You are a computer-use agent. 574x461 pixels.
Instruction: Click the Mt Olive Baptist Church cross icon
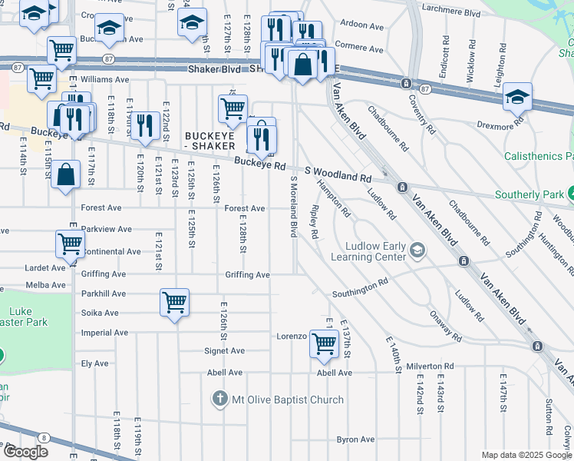coord(220,399)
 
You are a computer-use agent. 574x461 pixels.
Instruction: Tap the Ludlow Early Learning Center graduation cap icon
coord(417,249)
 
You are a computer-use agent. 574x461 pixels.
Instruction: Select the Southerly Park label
coord(529,194)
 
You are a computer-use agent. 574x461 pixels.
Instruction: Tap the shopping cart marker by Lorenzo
coord(325,343)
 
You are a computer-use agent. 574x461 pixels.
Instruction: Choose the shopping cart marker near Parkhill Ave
coord(175,302)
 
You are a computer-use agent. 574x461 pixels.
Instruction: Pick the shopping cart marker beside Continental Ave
coord(70,244)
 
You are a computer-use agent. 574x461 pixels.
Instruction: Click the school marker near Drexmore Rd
coord(518,97)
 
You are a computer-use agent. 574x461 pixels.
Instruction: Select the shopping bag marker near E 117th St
coord(67,174)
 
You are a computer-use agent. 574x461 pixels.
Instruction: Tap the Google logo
coord(25,452)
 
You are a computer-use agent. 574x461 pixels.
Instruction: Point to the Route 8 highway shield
coord(44,437)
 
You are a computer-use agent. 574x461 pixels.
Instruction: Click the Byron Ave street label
coord(355,439)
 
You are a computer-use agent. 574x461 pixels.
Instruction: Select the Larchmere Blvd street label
coord(450,13)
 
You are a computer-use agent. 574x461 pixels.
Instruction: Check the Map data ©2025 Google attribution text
coord(526,455)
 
